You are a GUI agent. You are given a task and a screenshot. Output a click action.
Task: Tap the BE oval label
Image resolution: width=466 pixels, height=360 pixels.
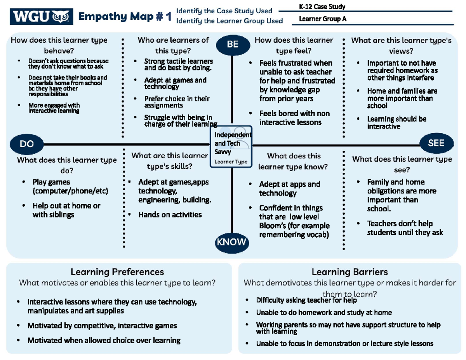(232, 44)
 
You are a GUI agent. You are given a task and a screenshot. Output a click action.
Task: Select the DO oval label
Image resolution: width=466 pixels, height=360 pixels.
(27, 144)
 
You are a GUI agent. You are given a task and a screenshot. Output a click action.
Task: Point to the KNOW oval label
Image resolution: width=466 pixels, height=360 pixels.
(231, 242)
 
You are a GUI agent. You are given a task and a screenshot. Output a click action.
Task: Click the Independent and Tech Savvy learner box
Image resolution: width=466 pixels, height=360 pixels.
(231, 147)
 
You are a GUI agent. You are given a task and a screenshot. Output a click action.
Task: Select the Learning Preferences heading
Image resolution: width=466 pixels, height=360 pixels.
(117, 272)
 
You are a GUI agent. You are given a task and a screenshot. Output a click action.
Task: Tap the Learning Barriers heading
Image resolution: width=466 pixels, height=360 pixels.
(349, 272)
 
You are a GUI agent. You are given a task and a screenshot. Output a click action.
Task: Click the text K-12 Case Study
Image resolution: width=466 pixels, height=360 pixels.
(322, 7)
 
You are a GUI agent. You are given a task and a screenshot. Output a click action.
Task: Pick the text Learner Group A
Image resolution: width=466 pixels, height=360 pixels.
(322, 18)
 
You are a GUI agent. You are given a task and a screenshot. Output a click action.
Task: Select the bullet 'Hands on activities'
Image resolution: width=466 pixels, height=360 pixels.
(170, 214)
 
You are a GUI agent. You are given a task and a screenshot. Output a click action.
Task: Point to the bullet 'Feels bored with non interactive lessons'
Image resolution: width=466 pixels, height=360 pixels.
(294, 118)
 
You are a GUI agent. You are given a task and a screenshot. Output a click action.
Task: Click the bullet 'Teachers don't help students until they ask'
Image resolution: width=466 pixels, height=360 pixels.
(405, 228)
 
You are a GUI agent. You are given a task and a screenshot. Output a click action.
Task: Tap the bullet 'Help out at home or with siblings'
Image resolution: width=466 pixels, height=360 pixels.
(66, 210)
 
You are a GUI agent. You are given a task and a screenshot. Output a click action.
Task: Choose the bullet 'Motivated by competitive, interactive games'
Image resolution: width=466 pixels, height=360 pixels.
(102, 325)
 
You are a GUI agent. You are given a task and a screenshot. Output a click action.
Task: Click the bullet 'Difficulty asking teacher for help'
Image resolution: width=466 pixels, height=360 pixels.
(306, 300)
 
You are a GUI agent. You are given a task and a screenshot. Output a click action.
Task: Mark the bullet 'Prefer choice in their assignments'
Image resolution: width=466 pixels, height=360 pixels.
(177, 102)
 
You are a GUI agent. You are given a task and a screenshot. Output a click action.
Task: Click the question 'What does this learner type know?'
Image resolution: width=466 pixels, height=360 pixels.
(294, 162)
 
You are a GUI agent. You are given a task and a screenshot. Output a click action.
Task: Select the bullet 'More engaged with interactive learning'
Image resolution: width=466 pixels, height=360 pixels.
(54, 108)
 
